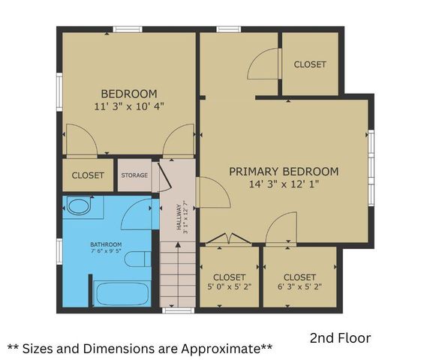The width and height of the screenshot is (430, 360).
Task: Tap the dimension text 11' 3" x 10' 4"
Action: coord(128,106)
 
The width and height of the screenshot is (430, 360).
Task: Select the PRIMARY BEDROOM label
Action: coord(284,172)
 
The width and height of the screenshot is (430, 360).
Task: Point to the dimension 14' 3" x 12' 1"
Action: coord(284,184)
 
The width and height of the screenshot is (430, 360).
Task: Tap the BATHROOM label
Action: coord(106,244)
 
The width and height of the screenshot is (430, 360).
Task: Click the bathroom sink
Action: coord(77,206)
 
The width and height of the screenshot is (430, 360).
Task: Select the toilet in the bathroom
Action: coord(137,260)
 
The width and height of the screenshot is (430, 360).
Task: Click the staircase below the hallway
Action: coord(177,277)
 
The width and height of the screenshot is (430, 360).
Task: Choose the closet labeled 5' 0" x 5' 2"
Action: coord(229,282)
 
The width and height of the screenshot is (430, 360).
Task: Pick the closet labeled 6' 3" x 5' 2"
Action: coord(299,282)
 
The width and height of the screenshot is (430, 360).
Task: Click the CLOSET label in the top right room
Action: coord(310,64)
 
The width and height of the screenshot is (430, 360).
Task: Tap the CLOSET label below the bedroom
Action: coord(88,175)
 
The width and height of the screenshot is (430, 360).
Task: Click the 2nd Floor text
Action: coord(340,338)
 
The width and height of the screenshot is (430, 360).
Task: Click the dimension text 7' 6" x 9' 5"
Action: coord(106,252)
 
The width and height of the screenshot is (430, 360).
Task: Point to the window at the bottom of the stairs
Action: coord(178,310)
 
